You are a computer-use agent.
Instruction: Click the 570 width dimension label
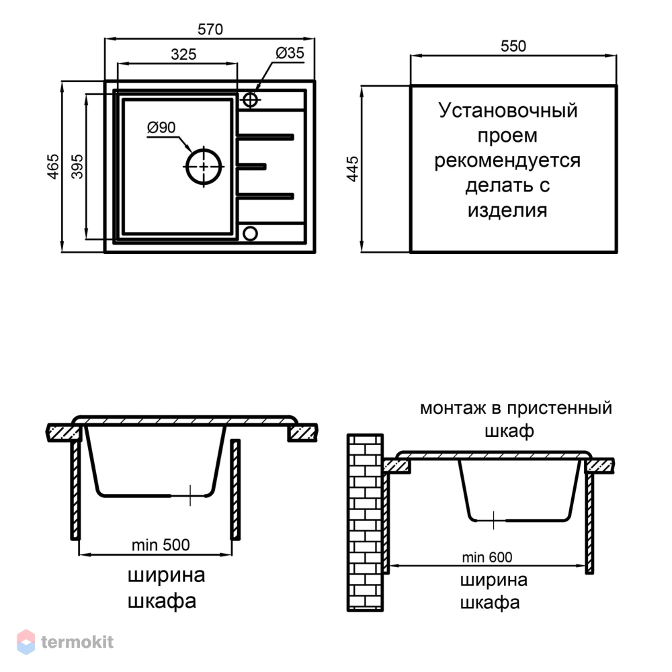point(210,29)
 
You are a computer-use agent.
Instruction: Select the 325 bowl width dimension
point(183,54)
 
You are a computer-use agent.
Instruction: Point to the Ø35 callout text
point(290,52)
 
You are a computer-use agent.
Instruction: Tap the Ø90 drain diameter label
point(161,127)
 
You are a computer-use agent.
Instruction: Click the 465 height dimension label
point(53,166)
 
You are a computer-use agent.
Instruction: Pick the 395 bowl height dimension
point(77,166)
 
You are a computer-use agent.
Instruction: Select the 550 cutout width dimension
point(513,46)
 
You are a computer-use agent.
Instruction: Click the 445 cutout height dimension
point(352,169)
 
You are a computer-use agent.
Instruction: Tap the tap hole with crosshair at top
point(250,100)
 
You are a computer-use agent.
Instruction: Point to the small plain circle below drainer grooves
point(250,234)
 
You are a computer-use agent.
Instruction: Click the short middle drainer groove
point(251,167)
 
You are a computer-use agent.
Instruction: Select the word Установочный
point(508,111)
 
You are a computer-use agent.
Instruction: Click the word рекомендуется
point(507,161)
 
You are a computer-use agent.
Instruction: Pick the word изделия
point(507,210)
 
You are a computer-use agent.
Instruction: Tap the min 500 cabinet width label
point(161,545)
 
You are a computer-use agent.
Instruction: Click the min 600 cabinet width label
point(487,557)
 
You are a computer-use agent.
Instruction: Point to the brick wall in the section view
point(365,522)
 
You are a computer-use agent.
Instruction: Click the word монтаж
point(454,408)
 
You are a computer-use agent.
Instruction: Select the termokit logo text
point(77,642)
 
